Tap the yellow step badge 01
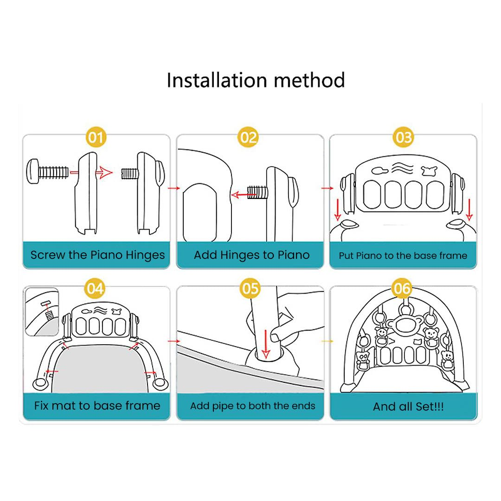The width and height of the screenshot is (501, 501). [96, 137]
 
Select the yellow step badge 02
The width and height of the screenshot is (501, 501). [248, 137]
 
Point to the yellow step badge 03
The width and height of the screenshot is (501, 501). [403, 137]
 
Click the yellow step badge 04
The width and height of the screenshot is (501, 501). [95, 289]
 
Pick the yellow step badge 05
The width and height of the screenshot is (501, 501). [250, 289]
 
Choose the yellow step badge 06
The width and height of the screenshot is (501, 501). [402, 289]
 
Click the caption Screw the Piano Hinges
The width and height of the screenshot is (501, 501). [97, 255]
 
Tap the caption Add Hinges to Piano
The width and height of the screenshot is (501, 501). [252, 255]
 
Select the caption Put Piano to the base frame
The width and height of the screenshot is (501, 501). [403, 256]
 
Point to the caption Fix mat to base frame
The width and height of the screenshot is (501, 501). [97, 406]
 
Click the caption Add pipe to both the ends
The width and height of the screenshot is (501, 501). [253, 406]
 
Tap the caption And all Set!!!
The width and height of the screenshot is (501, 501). [408, 406]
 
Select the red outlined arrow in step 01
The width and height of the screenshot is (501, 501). [104, 173]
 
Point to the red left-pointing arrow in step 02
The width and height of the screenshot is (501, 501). [244, 194]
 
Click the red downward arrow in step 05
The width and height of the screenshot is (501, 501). [266, 344]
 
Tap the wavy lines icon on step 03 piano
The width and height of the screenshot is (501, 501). [402, 168]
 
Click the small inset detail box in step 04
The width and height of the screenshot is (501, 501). [42, 312]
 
